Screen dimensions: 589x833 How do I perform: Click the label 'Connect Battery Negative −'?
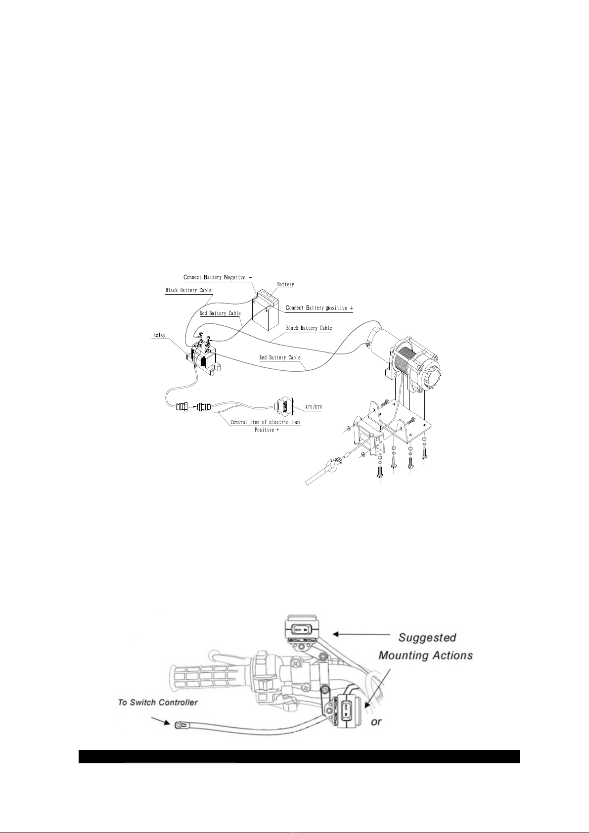217,277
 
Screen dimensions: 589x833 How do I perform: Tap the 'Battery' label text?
285,284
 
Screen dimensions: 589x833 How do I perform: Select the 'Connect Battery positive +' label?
319,308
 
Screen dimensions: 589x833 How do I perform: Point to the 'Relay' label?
160,335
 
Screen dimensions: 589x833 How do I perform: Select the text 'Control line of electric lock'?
265,422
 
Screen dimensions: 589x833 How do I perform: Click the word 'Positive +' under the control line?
267,430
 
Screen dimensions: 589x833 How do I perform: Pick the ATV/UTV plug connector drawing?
285,406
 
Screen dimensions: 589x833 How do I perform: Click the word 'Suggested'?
427,637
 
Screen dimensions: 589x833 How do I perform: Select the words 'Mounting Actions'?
426,655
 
